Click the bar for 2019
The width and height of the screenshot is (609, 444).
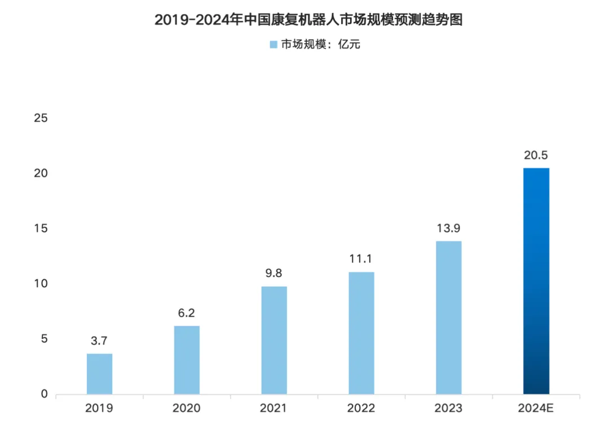99,373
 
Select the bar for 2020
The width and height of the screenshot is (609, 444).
187,359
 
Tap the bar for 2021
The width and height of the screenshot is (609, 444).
274,340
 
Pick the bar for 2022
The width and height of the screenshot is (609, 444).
361,333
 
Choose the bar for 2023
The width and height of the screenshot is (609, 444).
449,317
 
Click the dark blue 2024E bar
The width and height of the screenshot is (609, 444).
536,280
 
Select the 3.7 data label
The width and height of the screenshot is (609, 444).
99,341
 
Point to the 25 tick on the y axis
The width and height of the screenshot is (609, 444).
40,118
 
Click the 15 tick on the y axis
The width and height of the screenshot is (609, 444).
40,228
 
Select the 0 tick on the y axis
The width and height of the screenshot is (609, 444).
44,394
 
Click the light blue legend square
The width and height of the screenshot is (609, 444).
273,45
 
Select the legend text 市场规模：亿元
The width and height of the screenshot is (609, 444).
320,45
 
